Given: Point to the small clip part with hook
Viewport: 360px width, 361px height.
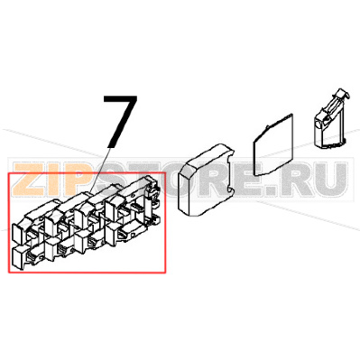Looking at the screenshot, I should tap(328, 121).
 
